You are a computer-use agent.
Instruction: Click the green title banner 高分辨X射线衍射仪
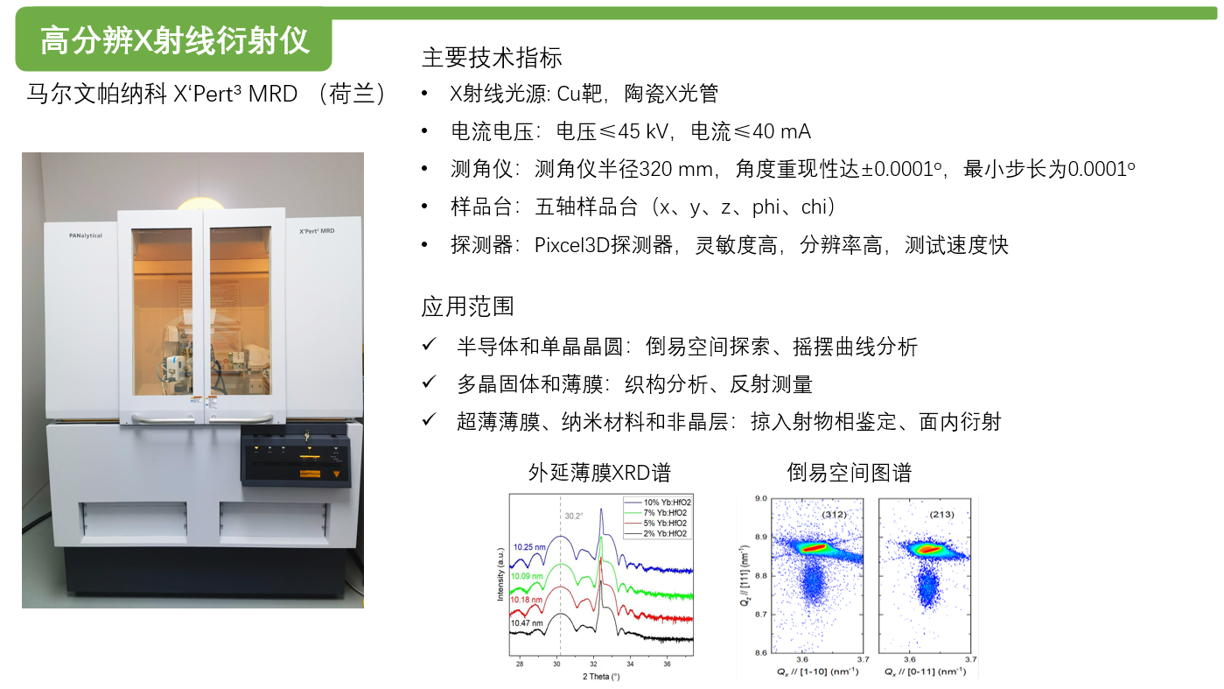pos(174,39)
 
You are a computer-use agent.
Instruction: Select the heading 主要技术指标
pos(492,58)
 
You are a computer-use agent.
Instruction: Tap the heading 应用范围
pos(468,306)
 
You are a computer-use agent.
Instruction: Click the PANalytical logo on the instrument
pos(86,236)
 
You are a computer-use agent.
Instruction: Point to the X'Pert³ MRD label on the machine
pos(317,231)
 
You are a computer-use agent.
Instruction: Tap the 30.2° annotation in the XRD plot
pos(574,516)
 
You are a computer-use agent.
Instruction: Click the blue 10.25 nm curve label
pos(529,547)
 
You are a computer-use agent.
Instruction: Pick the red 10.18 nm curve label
pos(527,600)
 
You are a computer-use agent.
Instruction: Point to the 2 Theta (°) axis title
pos(601,677)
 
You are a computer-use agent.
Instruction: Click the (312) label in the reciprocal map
pos(835,515)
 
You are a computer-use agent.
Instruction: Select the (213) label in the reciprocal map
pos(942,515)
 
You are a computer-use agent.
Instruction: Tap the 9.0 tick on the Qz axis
pos(761,498)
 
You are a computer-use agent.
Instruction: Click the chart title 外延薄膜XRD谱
pos(599,473)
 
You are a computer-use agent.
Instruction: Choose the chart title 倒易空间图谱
pos(850,473)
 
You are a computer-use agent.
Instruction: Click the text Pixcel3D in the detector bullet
pos(571,245)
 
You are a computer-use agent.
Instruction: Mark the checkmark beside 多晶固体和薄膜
pos(429,382)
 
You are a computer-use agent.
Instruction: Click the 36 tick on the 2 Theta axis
pos(668,664)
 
